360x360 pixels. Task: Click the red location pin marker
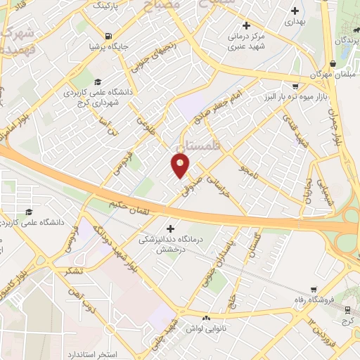click(x=181, y=166)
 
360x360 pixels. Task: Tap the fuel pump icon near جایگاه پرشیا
click(x=107, y=37)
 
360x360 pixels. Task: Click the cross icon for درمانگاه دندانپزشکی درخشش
click(x=169, y=229)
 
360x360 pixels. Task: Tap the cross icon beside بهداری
click(x=295, y=11)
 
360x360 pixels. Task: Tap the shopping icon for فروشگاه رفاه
click(x=314, y=289)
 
